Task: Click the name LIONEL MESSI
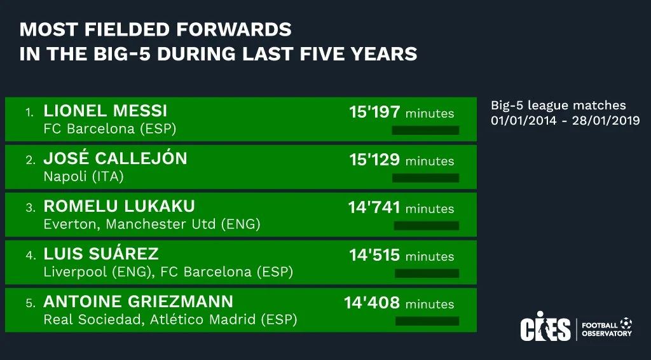pyautogui.click(x=105, y=111)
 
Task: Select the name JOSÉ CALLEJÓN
pyautogui.click(x=115, y=158)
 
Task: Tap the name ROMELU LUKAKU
pyautogui.click(x=119, y=206)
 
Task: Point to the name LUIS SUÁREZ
pyautogui.click(x=100, y=254)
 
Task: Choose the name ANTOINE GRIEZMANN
pyautogui.click(x=138, y=301)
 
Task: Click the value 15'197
pyautogui.click(x=374, y=113)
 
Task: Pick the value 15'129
pyautogui.click(x=374, y=160)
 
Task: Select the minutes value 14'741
pyautogui.click(x=374, y=208)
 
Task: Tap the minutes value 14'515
pyautogui.click(x=374, y=256)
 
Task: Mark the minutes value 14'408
pyautogui.click(x=372, y=303)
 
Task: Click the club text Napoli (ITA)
pyautogui.click(x=83, y=177)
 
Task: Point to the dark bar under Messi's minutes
pyautogui.click(x=425, y=130)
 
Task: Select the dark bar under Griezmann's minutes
pyautogui.click(x=427, y=321)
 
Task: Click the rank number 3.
pyautogui.click(x=29, y=208)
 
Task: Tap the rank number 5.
pyautogui.click(x=29, y=303)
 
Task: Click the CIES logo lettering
pyautogui.click(x=545, y=327)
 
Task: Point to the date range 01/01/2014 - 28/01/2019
pyautogui.click(x=565, y=120)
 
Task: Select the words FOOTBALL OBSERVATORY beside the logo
pyautogui.click(x=606, y=328)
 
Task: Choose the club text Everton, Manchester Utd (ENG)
pyautogui.click(x=152, y=225)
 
